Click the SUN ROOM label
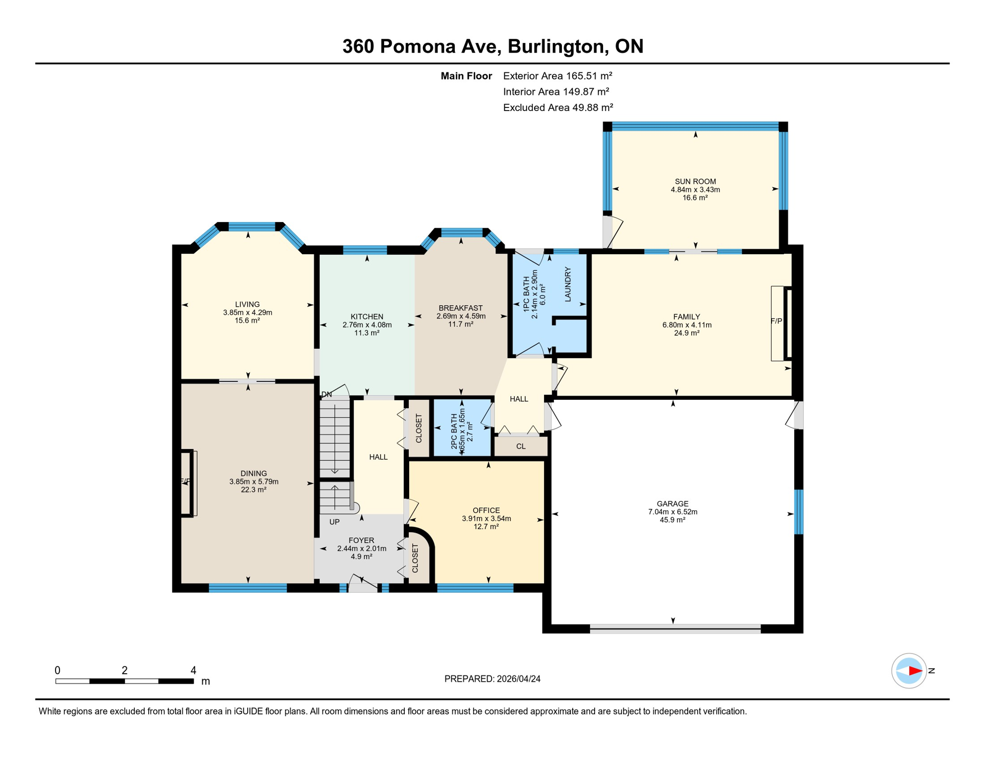(x=695, y=181)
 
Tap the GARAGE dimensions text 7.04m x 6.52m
(x=672, y=512)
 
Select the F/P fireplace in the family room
(x=776, y=321)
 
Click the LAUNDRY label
(x=568, y=284)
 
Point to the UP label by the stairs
(x=334, y=522)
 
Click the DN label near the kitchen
(x=327, y=394)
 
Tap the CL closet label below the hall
(x=521, y=446)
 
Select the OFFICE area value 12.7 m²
(x=486, y=527)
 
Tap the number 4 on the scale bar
(x=193, y=670)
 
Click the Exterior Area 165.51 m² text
(x=557, y=76)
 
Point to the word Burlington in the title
(x=557, y=46)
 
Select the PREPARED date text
(x=492, y=679)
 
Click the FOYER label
(x=361, y=540)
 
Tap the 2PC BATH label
(x=454, y=432)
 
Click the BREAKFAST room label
(x=460, y=308)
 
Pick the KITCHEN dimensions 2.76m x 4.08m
(x=367, y=325)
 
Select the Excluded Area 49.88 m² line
(x=558, y=108)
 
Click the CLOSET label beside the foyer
(x=415, y=558)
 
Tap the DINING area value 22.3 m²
(x=254, y=489)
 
